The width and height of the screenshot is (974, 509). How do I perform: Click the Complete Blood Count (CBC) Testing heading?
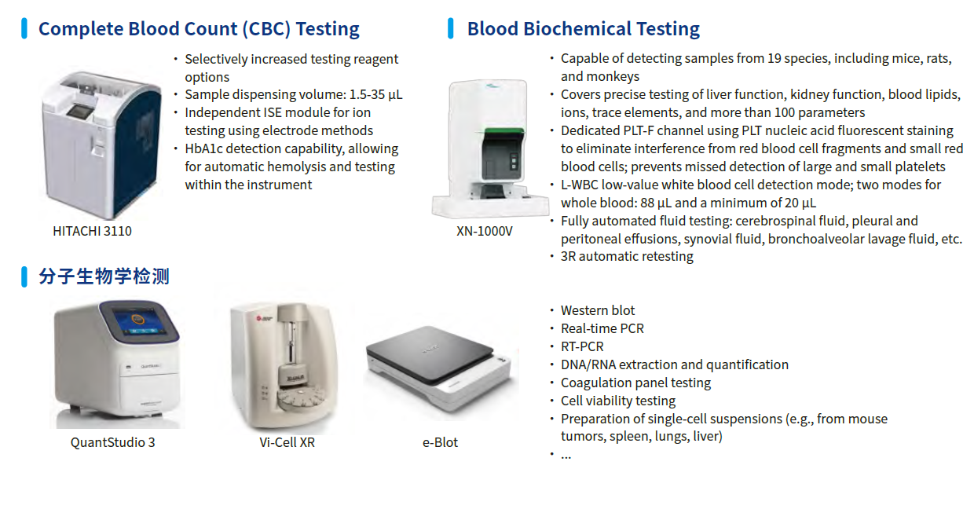[x=199, y=29]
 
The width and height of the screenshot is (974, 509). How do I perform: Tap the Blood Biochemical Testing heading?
[x=583, y=29]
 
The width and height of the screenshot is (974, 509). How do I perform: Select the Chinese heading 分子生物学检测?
[x=104, y=276]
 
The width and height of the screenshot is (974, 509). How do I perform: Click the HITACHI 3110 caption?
[x=92, y=231]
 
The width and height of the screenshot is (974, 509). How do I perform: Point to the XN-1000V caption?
[x=485, y=231]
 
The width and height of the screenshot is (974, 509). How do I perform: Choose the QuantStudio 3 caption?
[x=112, y=442]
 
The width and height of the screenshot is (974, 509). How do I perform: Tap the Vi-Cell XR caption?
[x=287, y=442]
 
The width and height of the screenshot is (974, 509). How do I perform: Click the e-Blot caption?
[x=440, y=442]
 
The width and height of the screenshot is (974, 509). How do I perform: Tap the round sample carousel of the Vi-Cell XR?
[x=300, y=398]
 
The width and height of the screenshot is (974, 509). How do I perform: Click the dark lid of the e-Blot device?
[x=429, y=353]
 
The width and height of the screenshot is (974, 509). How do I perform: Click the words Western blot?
[x=598, y=310]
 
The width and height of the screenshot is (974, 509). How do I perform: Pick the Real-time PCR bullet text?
[x=602, y=328]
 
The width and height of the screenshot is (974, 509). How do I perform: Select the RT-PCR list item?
[x=582, y=346]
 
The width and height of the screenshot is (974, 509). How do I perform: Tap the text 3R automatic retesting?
[x=627, y=256]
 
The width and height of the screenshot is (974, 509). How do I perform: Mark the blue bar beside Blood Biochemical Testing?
[x=451, y=28]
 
